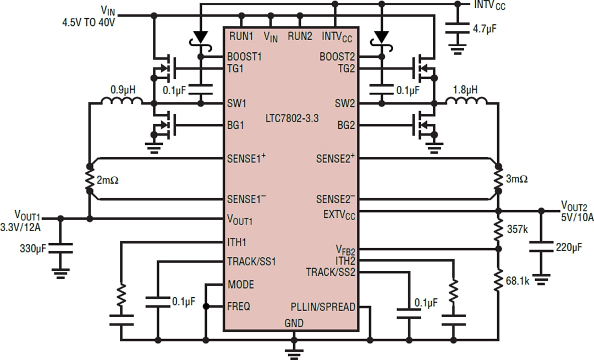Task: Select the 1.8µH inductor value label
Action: (466, 90)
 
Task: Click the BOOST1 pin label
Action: (244, 57)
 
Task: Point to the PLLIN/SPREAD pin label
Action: (323, 307)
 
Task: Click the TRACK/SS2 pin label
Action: (331, 272)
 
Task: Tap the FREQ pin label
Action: (239, 306)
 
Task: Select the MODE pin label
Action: (240, 285)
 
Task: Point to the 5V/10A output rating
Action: (577, 217)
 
